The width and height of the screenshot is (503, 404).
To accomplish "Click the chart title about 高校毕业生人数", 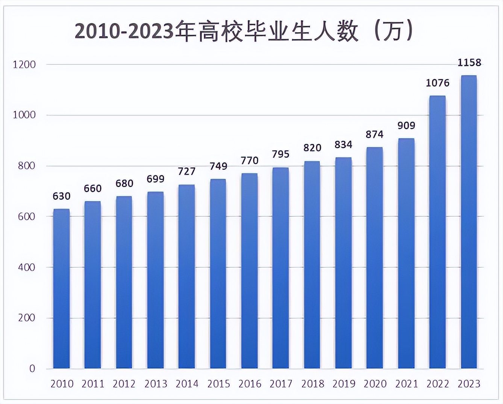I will [x=244, y=32].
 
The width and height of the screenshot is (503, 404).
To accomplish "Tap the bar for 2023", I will [x=469, y=222].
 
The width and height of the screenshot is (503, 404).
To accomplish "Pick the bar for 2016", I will [x=249, y=270].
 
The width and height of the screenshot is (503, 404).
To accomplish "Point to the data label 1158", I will [x=469, y=63].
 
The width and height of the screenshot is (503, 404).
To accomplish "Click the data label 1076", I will [x=437, y=83].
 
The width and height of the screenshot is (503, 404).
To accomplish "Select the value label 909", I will [x=406, y=125].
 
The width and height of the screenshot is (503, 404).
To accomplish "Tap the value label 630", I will [x=61, y=196].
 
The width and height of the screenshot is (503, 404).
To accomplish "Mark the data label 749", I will [x=218, y=166].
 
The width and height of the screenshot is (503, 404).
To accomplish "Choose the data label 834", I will [x=343, y=145].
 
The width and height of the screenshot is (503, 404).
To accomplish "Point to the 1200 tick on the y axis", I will [x=24, y=65].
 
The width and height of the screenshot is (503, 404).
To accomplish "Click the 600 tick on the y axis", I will [x=27, y=217].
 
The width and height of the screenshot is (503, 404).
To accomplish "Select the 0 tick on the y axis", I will [x=32, y=369].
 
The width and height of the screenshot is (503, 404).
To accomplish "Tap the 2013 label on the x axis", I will [x=156, y=384].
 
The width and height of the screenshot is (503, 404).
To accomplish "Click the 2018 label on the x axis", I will [x=312, y=384].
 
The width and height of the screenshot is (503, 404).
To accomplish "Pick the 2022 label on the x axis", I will [x=438, y=384].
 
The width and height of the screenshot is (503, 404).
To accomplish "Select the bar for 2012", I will [x=124, y=282].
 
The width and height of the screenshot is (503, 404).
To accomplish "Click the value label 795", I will [x=280, y=154].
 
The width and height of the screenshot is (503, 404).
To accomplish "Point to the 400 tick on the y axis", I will [x=27, y=267].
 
